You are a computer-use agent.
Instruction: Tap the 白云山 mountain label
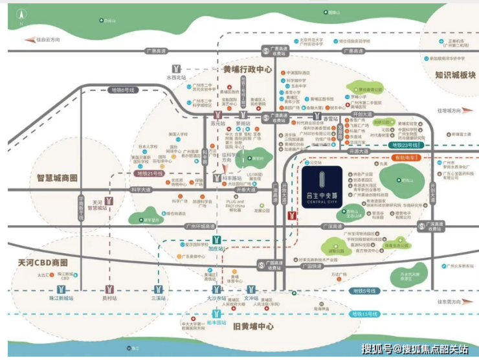pos(111,21)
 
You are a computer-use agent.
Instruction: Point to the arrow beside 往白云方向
pos(29,40)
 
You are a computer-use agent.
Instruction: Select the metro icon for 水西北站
pos(175,68)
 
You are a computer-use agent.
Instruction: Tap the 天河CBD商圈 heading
pos(43,264)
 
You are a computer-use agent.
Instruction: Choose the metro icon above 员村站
pos(113,289)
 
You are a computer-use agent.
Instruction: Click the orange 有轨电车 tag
pos(407,157)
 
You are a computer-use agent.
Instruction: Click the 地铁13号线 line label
pos(364,313)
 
